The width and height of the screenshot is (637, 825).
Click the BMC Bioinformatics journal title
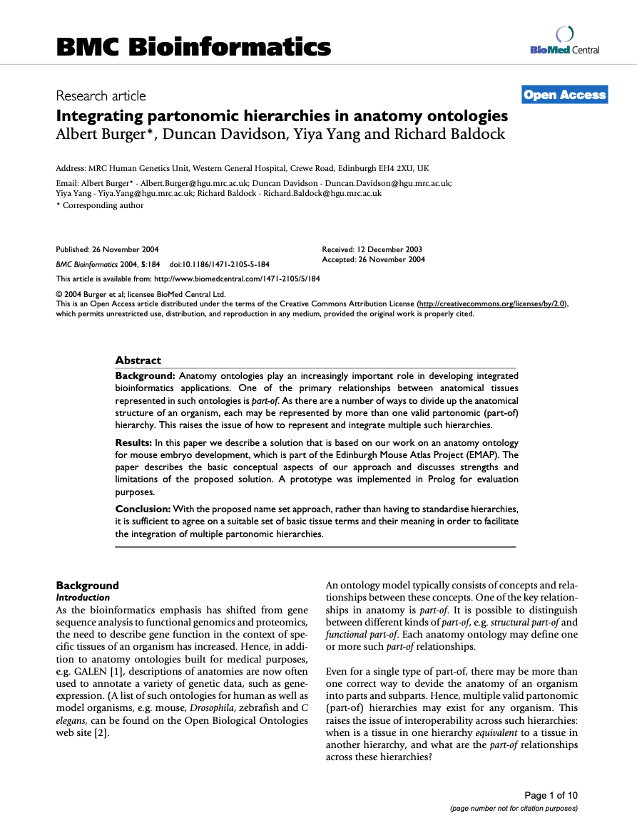point(193,47)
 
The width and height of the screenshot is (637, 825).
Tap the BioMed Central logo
point(564,41)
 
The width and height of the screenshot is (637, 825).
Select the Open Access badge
point(564,95)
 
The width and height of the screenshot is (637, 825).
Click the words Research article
point(101,95)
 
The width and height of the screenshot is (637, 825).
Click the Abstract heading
point(138,360)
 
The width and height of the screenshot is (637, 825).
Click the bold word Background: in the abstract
point(146,375)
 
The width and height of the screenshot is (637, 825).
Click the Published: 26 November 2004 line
point(107,249)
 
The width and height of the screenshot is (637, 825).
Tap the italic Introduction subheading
point(83,598)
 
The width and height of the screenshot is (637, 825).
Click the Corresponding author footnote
point(103,205)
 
